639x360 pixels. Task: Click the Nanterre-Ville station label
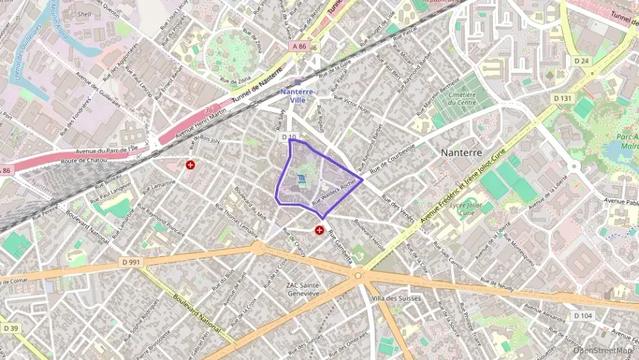[297, 95]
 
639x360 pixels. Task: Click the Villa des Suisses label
[396, 299]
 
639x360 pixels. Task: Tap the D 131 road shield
[563, 98]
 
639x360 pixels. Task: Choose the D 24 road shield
[581, 61]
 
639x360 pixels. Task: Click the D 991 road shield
[131, 262]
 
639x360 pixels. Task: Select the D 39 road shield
[10, 328]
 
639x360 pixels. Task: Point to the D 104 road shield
[582, 316]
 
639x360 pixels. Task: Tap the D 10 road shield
[288, 137]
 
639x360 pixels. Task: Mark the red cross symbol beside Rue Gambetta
[319, 231]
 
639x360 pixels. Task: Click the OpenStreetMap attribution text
[603, 350]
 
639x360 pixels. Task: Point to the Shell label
[84, 14]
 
